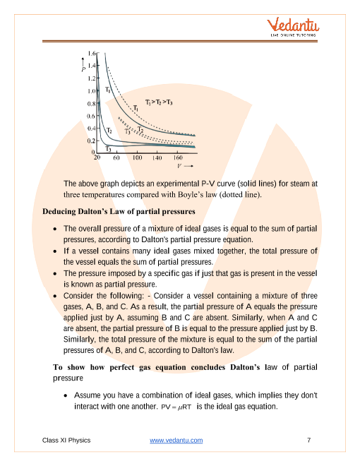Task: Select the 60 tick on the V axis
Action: (116, 157)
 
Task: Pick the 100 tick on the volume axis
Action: (138, 157)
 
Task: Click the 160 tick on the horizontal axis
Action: (178, 157)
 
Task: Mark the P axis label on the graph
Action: (83, 69)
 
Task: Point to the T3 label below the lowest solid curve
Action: (108, 148)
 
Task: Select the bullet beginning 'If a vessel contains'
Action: (190, 256)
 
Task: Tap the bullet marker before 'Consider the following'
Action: (56, 296)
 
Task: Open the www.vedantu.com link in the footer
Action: (176, 441)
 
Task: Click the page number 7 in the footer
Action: (309, 441)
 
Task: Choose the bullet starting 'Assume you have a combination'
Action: (196, 402)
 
